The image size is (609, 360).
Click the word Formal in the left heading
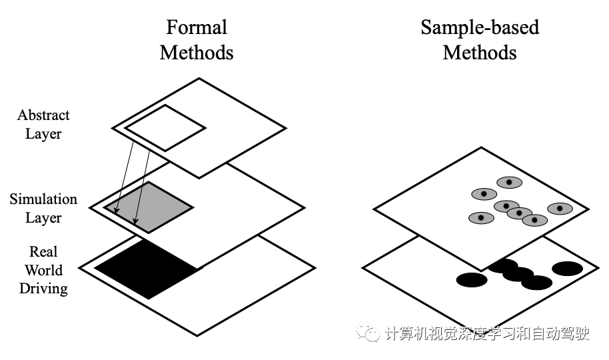coord(197,27)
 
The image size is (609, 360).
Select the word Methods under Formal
coord(197,52)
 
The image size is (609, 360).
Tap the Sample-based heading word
coord(480,27)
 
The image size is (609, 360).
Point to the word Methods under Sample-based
coord(480,52)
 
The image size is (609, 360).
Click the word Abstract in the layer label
coord(43,115)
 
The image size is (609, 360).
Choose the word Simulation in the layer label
coord(43,199)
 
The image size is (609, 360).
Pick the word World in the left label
coord(43,270)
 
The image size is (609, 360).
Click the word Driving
coord(43,289)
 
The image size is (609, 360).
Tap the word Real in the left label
coord(43,252)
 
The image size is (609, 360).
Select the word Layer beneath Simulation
coord(43,218)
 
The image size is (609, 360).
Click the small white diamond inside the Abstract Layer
coord(165,127)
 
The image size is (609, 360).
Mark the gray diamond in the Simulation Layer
coord(150,207)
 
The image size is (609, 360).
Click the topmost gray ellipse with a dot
coord(509,182)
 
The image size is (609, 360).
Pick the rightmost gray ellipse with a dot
coord(560,209)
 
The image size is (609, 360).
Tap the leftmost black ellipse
coord(472,280)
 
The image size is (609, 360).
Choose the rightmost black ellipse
coord(567,269)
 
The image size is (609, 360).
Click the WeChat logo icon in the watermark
coord(368,332)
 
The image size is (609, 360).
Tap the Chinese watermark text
coord(487,333)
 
